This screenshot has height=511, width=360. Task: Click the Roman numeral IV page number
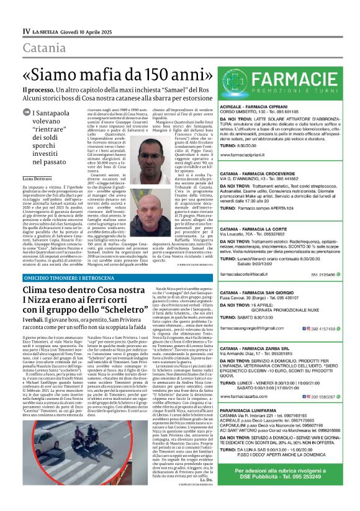point(26,30)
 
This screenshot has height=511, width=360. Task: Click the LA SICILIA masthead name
point(48,30)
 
